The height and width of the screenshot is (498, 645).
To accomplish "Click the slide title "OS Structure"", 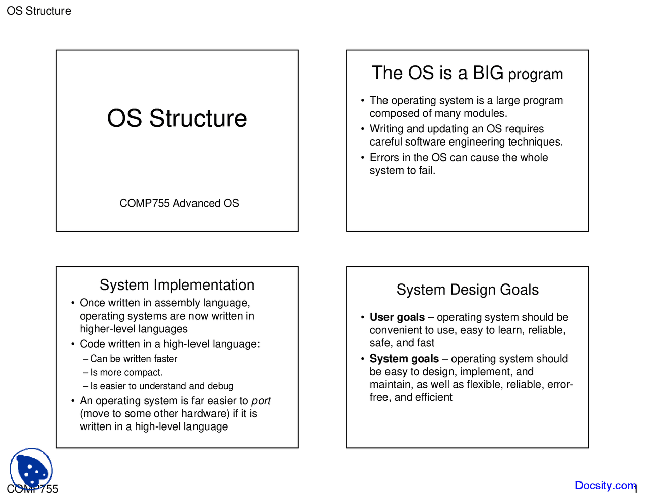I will click(x=177, y=119).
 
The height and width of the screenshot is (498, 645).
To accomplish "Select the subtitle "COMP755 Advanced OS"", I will click(x=179, y=203).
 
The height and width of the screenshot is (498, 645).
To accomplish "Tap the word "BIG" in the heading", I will click(x=488, y=73).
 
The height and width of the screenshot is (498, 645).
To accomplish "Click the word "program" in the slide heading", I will click(x=535, y=75).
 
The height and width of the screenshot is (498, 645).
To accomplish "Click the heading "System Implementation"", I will click(x=177, y=285).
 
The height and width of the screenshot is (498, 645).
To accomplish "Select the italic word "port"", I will click(x=261, y=401).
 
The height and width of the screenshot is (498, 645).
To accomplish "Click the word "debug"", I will click(x=220, y=386).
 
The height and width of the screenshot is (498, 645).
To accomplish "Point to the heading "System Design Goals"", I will click(x=467, y=290).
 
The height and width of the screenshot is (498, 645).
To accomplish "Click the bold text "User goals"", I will click(x=397, y=317).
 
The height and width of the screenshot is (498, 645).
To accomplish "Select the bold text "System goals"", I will click(x=404, y=359).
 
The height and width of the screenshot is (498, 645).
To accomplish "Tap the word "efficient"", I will click(x=433, y=397).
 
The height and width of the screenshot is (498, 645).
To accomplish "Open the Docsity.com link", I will click(x=605, y=486).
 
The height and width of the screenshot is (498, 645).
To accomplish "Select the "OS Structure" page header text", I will click(x=39, y=11).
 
